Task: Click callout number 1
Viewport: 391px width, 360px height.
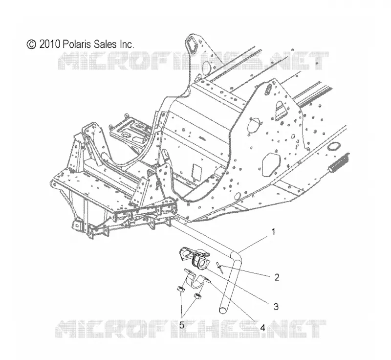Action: point(273,232)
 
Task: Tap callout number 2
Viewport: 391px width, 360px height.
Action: point(277,277)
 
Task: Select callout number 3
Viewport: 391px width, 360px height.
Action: point(276,306)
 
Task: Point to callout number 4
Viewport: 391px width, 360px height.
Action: point(262,328)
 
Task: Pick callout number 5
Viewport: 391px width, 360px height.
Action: point(182,325)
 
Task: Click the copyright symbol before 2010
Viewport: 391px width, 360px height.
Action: point(31,45)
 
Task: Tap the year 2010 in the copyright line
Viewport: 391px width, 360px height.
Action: point(50,44)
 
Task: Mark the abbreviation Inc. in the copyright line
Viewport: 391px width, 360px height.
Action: point(127,44)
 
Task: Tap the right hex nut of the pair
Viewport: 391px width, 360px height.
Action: point(197,296)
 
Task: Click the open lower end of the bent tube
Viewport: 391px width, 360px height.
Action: point(222,310)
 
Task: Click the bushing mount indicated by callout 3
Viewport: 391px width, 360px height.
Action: point(195,258)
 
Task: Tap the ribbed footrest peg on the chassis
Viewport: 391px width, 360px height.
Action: point(339,164)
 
